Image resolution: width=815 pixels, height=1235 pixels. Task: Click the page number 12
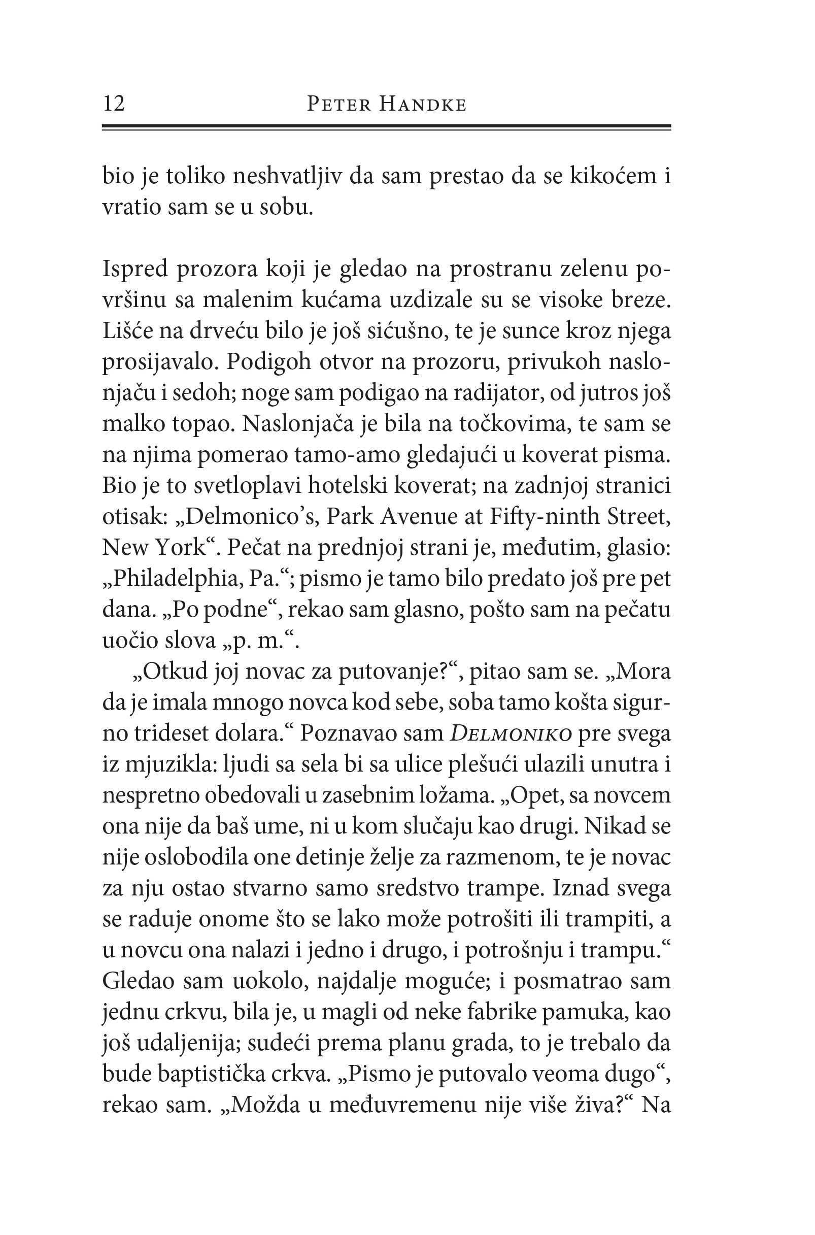click(x=114, y=104)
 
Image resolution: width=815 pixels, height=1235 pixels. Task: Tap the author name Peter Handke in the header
click(x=386, y=105)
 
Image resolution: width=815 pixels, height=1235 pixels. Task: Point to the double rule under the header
click(x=386, y=127)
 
